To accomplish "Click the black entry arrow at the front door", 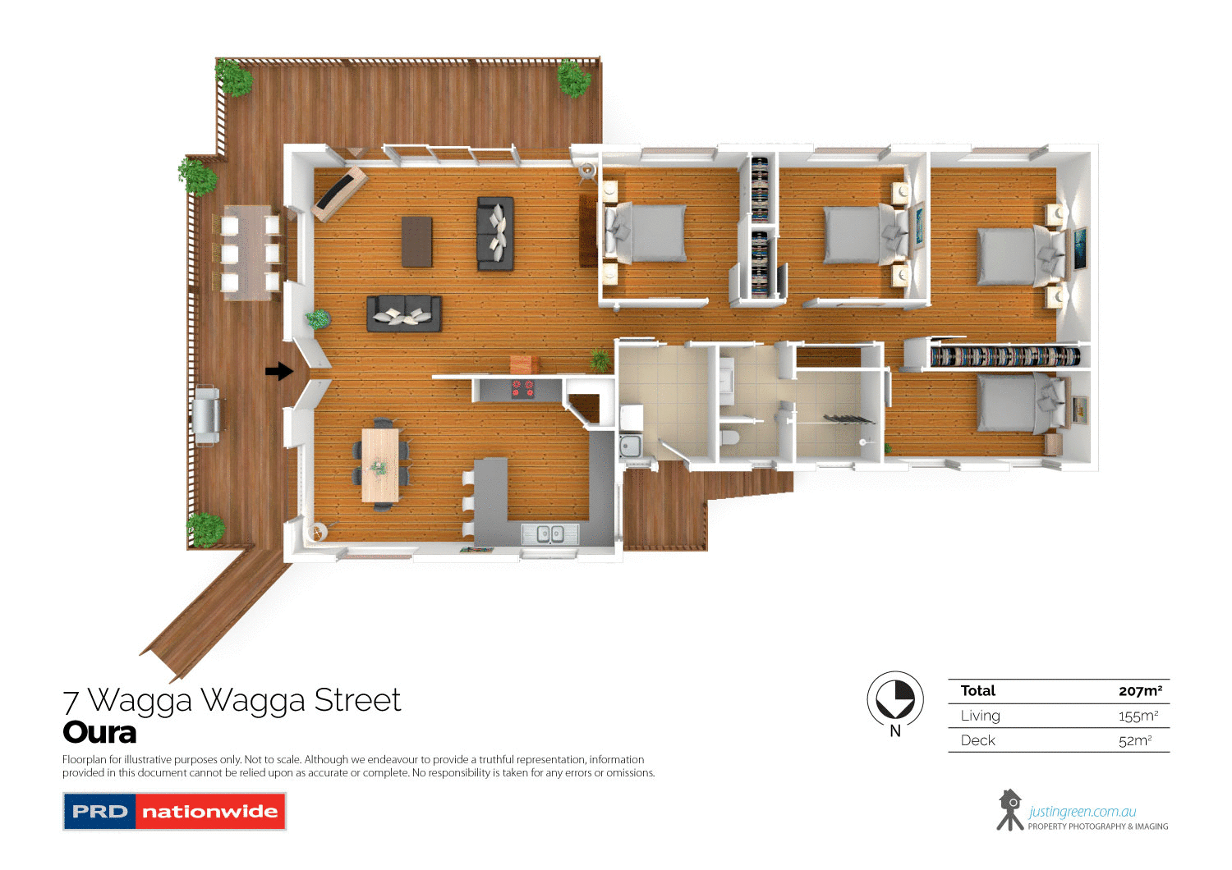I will [x=279, y=372].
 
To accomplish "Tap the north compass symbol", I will [x=895, y=700].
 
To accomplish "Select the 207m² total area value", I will [x=1140, y=691].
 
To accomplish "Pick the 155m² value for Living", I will [x=1138, y=716].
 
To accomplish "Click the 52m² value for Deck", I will [x=1135, y=740].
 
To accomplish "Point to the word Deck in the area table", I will [x=977, y=740].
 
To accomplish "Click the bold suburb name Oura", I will [x=99, y=732].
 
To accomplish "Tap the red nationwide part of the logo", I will [x=210, y=812].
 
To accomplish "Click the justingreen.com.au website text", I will [x=1083, y=812].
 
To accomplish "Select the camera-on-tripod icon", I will [x=1009, y=810].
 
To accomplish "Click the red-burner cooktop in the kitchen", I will [x=523, y=388].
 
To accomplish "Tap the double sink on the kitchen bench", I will [x=549, y=534].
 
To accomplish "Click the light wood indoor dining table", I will [x=380, y=465].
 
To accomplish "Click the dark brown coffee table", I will [x=416, y=241].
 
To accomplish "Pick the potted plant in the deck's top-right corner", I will [x=573, y=79].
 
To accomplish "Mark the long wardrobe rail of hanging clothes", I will [x=1004, y=356].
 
